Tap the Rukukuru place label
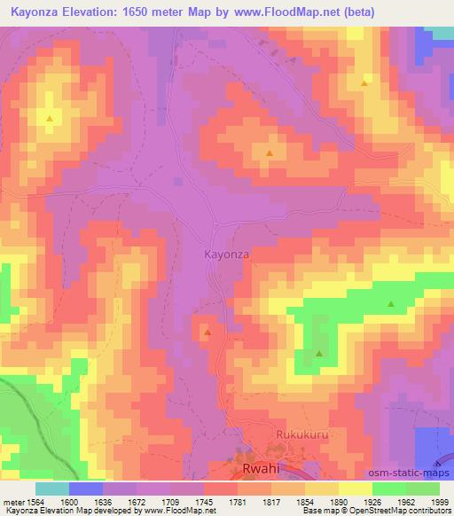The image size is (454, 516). tap(278, 435)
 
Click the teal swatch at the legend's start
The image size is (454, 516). tap(52, 489)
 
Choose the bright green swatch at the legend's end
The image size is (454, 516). tap(422, 489)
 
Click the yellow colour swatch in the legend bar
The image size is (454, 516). tap(355, 489)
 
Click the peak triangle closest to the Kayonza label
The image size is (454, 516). tap(207, 332)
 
